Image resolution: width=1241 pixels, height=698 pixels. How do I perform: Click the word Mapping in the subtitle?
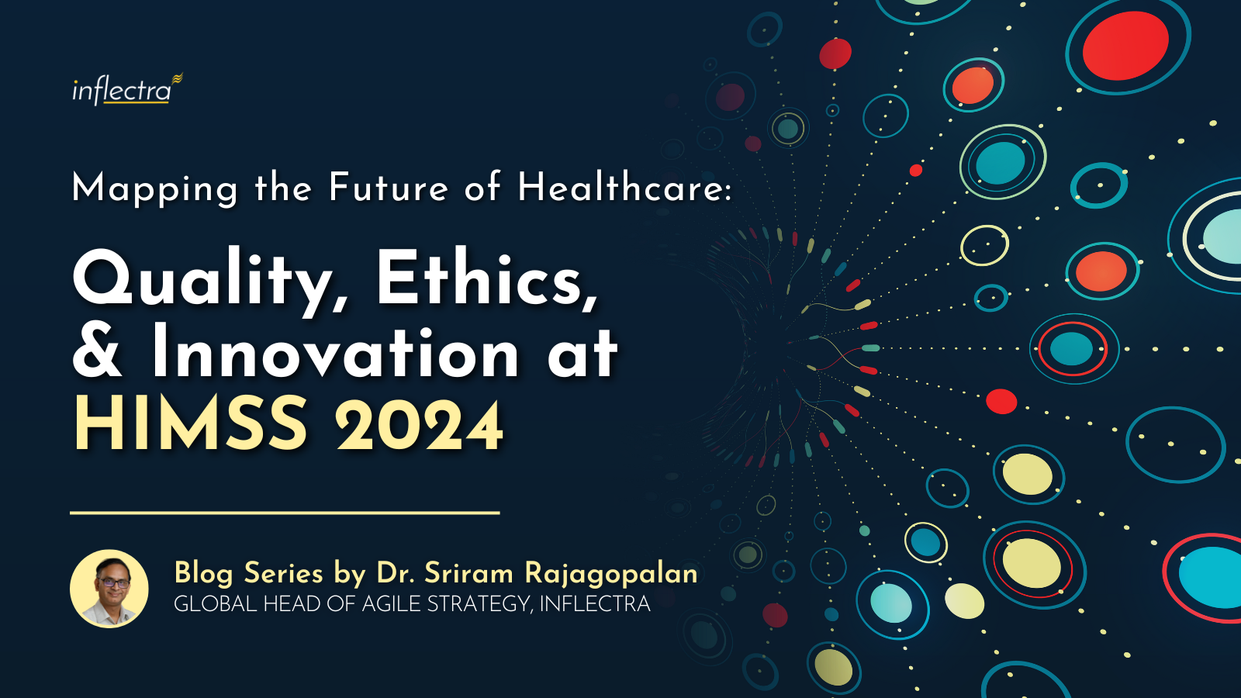(x=154, y=188)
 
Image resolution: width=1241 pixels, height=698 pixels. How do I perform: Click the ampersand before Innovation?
(x=98, y=352)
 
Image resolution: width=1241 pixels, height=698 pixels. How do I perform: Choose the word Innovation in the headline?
(x=335, y=352)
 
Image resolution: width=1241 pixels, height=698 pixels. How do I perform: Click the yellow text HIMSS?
(x=191, y=424)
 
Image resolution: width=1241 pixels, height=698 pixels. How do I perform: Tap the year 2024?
(x=419, y=426)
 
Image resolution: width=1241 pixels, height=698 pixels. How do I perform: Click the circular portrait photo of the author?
(x=109, y=589)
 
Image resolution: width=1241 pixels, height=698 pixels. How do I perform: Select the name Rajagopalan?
(x=611, y=574)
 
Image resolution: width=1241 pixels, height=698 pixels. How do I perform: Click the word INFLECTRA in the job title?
(x=594, y=603)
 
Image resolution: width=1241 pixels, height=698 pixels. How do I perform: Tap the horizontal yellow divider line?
(x=285, y=513)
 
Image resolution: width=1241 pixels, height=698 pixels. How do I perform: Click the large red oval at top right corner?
(x=1125, y=45)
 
